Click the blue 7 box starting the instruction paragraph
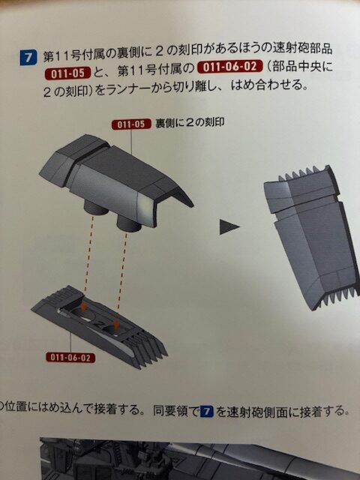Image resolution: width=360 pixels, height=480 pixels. pyautogui.click(x=28, y=58)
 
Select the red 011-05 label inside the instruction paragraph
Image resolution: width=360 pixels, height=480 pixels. pyautogui.click(x=68, y=73)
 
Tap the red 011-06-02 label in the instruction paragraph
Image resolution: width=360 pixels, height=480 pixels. pyautogui.click(x=230, y=67)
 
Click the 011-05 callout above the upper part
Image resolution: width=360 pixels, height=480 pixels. pyautogui.click(x=131, y=124)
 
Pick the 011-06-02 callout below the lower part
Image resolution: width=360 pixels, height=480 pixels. pyautogui.click(x=70, y=357)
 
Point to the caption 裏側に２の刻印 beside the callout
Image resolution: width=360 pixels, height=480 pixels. pyautogui.click(x=190, y=123)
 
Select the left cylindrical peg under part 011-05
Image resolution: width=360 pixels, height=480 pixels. pyautogui.click(x=96, y=208)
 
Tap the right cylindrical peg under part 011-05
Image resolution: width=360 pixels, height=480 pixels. pyautogui.click(x=129, y=225)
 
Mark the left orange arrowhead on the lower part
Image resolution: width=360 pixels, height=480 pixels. pyautogui.click(x=83, y=307)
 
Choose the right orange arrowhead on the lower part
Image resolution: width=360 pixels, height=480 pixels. pyautogui.click(x=115, y=325)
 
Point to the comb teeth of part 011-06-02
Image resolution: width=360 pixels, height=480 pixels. pyautogui.click(x=149, y=349)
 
